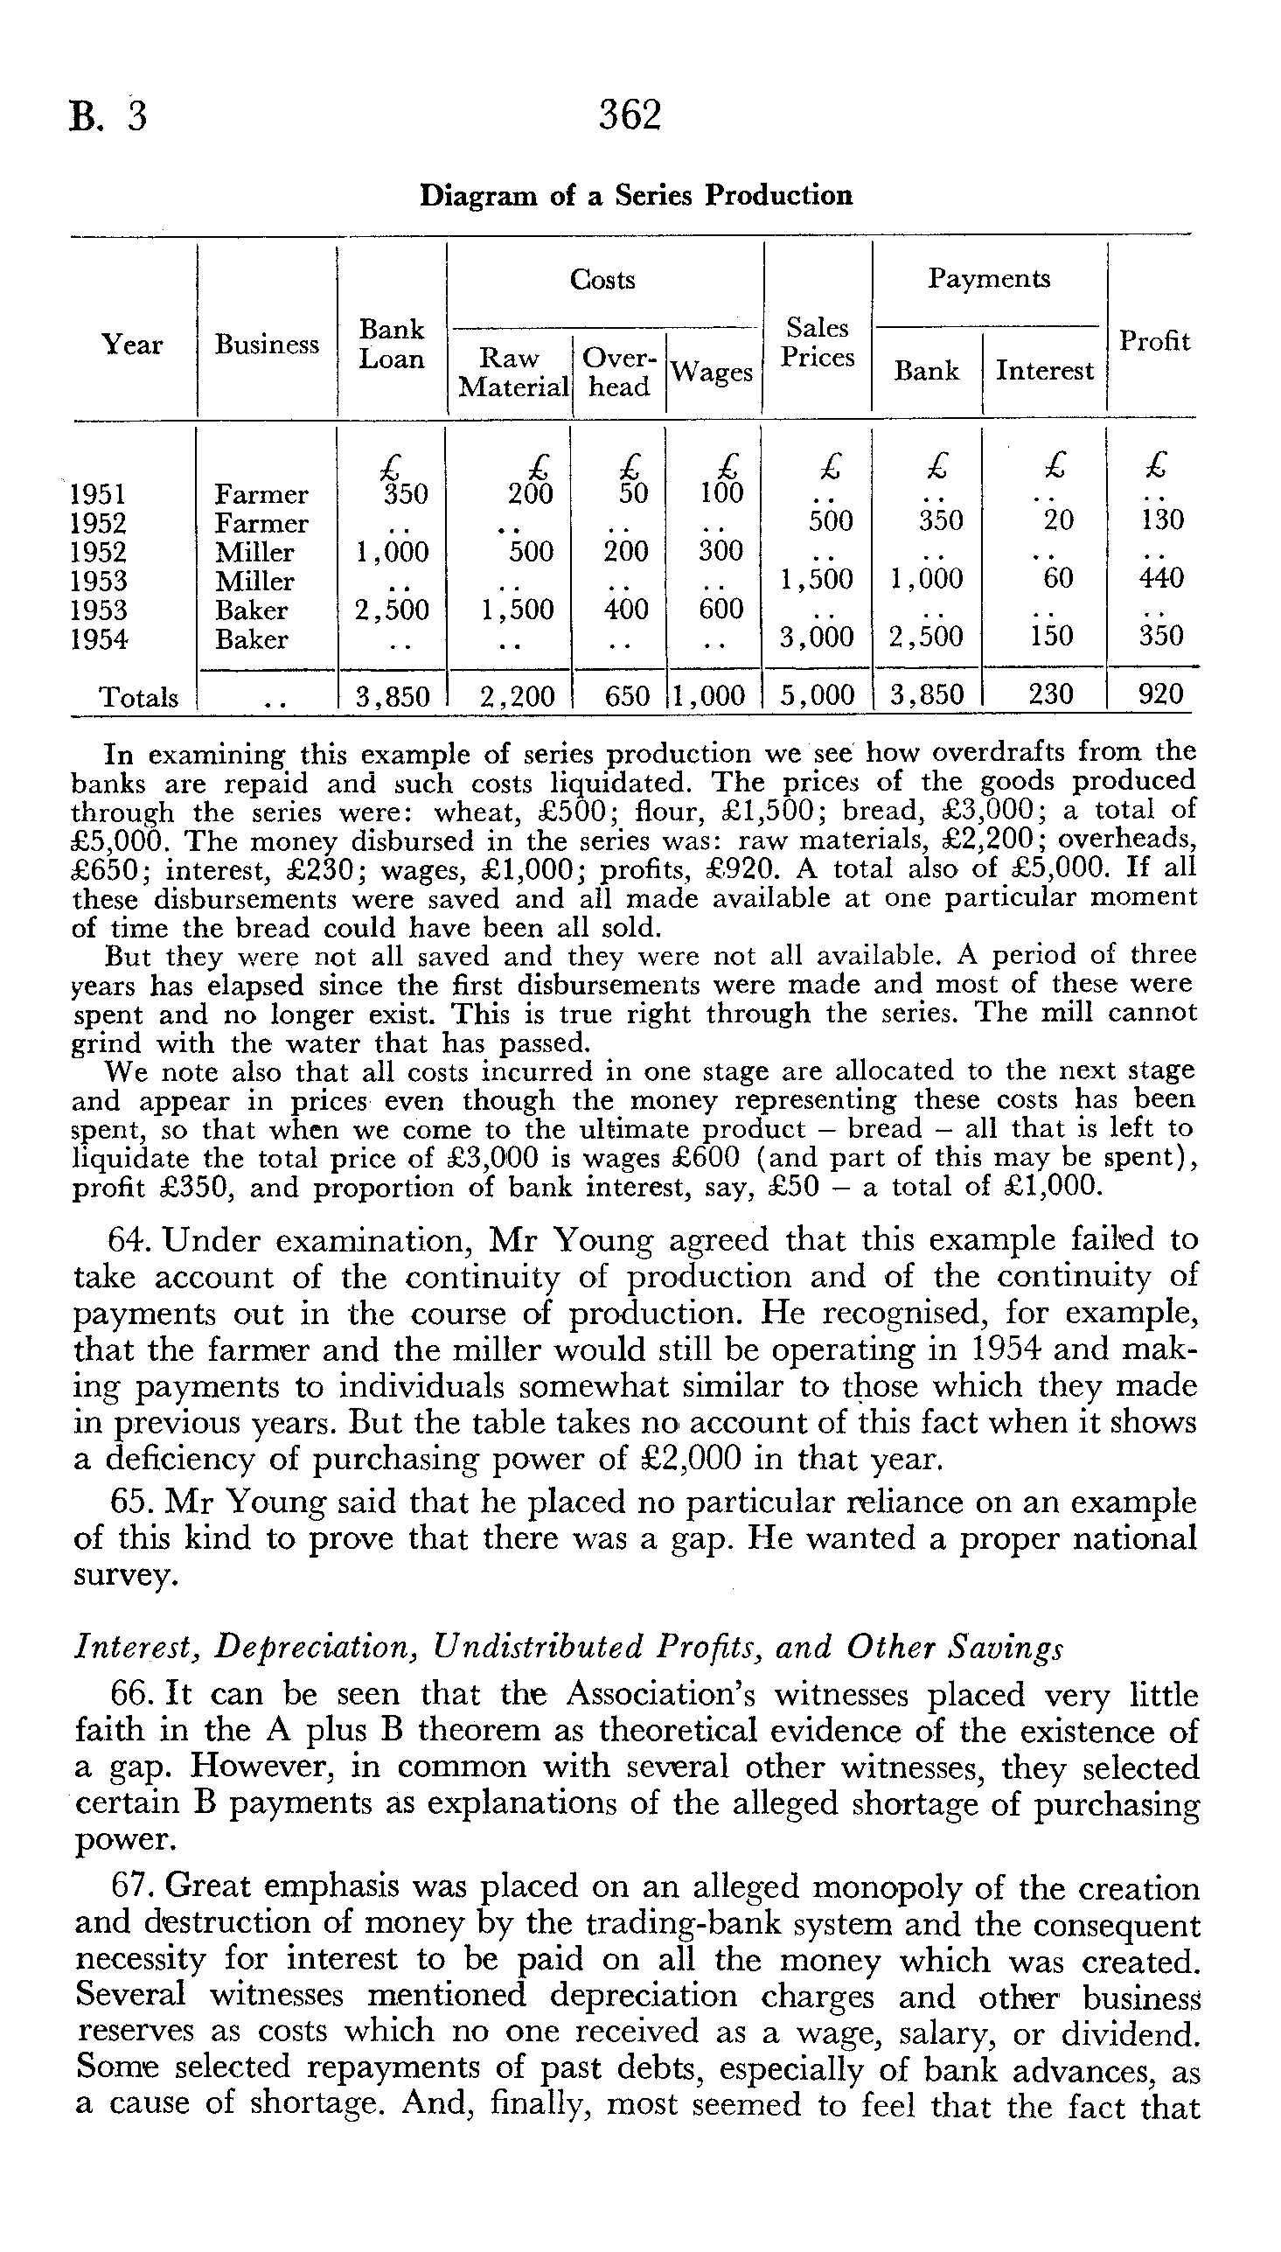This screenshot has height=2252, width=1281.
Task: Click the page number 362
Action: pyautogui.click(x=630, y=116)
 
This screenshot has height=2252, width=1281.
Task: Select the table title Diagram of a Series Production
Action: pyautogui.click(x=636, y=195)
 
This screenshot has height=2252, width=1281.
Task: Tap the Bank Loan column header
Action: pyautogui.click(x=392, y=344)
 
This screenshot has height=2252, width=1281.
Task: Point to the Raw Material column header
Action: pyautogui.click(x=513, y=372)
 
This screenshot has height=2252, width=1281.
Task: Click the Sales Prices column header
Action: pyautogui.click(x=818, y=342)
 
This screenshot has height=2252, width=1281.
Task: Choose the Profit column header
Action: pyautogui.click(x=1154, y=341)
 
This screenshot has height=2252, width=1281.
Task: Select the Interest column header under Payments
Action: pyautogui.click(x=1044, y=370)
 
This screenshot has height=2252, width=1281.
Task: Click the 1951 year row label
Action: pyautogui.click(x=98, y=494)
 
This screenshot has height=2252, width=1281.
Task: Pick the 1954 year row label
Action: pyautogui.click(x=98, y=639)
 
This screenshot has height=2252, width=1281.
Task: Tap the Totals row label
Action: pyautogui.click(x=138, y=698)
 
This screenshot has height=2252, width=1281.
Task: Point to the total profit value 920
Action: pyautogui.click(x=1161, y=695)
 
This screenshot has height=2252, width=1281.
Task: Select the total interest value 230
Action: pyautogui.click(x=1050, y=695)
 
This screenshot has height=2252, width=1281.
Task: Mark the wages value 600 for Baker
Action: pyautogui.click(x=721, y=609)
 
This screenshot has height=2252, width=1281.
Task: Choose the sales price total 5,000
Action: pyautogui.click(x=818, y=695)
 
